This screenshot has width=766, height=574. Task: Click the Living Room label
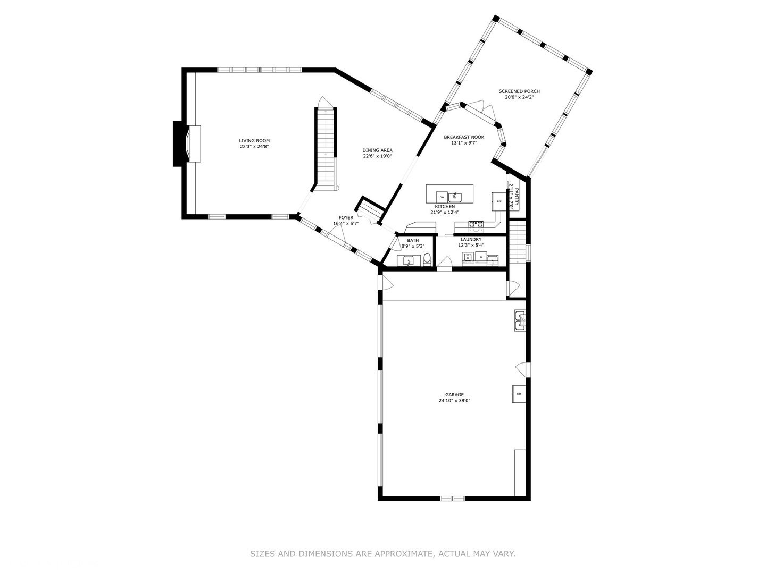point(254,141)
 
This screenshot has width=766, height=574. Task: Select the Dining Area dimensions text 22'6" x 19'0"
point(377,156)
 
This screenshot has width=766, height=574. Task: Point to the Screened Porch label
point(519,91)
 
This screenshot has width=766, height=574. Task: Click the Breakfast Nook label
point(464,137)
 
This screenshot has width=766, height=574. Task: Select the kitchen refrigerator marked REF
point(498,201)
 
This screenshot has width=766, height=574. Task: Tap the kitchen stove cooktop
point(476,226)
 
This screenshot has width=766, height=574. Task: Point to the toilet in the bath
point(427,260)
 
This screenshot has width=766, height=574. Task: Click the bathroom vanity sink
point(408,261)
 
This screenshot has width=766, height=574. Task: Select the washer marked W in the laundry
point(468,258)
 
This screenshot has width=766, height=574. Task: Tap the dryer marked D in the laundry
point(481,258)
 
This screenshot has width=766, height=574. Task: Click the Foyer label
point(346,217)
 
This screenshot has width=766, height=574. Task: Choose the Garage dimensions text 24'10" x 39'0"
point(454,401)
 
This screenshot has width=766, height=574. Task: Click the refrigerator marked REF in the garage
point(519,394)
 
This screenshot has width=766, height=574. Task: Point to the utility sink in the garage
point(520,320)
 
